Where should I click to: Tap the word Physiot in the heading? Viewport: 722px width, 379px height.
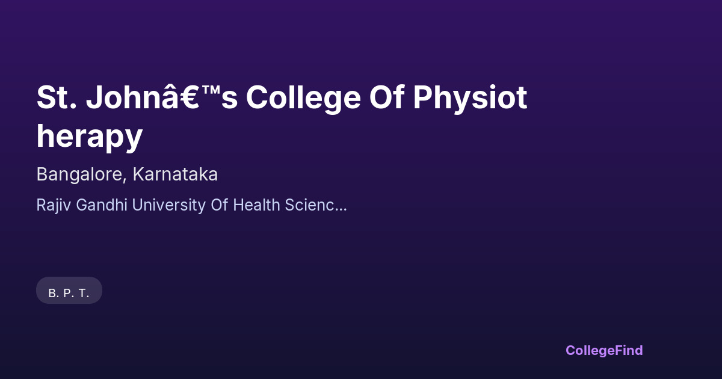coord(470,97)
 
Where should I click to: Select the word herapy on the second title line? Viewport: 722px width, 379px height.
coord(90,137)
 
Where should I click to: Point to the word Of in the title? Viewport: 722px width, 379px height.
coord(390,97)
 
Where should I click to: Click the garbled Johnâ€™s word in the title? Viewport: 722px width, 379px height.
coord(162,97)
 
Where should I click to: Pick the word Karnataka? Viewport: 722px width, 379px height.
coord(175,174)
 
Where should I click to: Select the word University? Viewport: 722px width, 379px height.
coord(168,205)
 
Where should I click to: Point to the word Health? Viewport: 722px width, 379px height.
coord(256,205)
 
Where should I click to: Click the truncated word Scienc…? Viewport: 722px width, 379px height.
coord(315,205)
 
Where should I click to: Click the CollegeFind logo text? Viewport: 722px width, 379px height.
coord(604,350)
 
